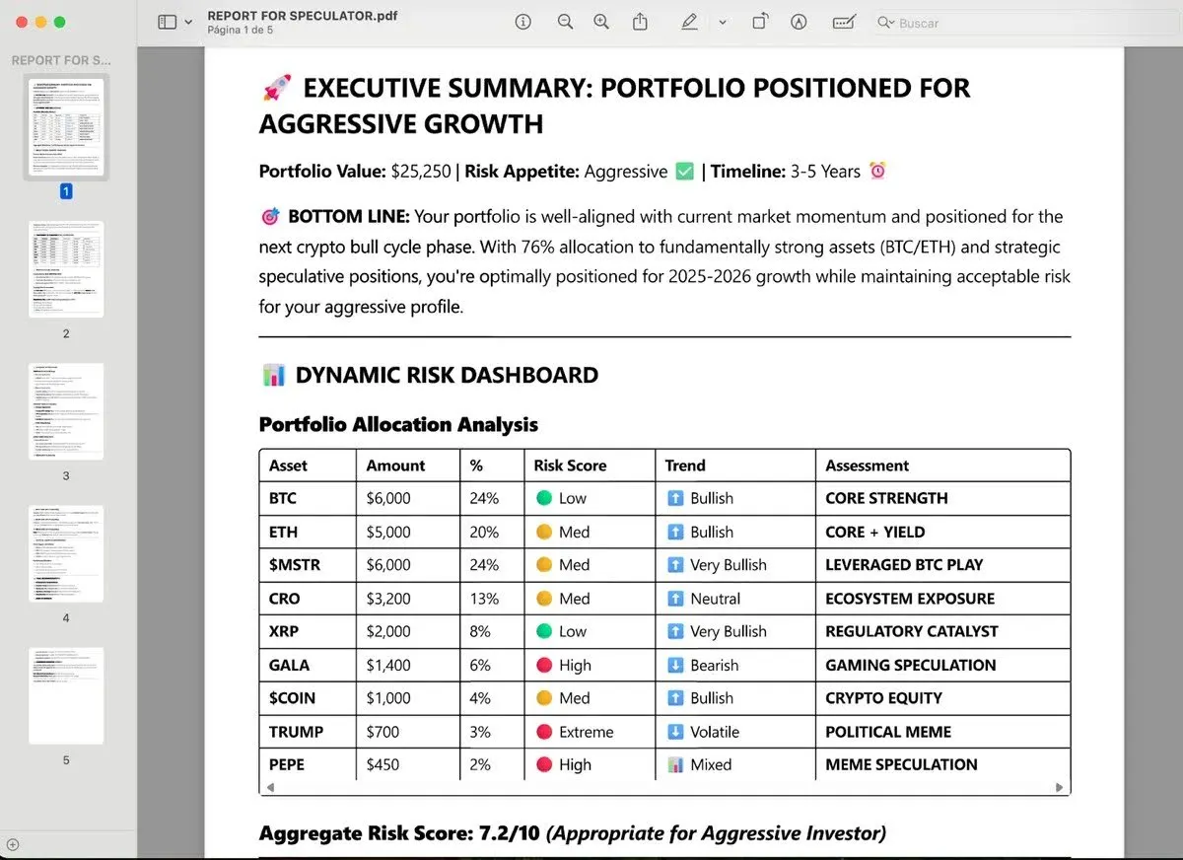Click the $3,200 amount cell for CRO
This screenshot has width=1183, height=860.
coord(388,599)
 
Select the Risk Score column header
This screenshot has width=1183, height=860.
coord(570,466)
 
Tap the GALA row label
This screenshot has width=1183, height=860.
coord(289,665)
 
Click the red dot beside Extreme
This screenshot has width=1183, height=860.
coord(543,732)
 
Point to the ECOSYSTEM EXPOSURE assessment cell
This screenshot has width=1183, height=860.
coord(909,599)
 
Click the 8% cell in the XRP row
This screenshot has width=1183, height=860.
coord(479,631)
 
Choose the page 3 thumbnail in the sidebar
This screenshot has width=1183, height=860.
coord(66,411)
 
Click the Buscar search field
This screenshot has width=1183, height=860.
coord(1025,23)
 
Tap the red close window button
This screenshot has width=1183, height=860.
coord(21,22)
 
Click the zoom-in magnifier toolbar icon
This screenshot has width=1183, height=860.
coord(600,22)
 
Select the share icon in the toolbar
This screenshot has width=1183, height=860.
coord(641,22)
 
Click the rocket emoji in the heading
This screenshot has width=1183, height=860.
coord(277,89)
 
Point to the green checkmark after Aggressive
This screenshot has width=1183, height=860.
coord(685,172)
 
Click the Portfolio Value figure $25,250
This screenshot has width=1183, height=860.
coord(420,172)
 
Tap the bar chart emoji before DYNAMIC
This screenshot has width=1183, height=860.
coord(273,375)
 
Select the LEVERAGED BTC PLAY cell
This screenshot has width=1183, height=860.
coord(904,565)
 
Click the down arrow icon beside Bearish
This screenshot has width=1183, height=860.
coord(674,665)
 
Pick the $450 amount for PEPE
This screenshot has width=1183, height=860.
coord(383,764)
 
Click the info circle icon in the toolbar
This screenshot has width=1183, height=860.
coord(523,22)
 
